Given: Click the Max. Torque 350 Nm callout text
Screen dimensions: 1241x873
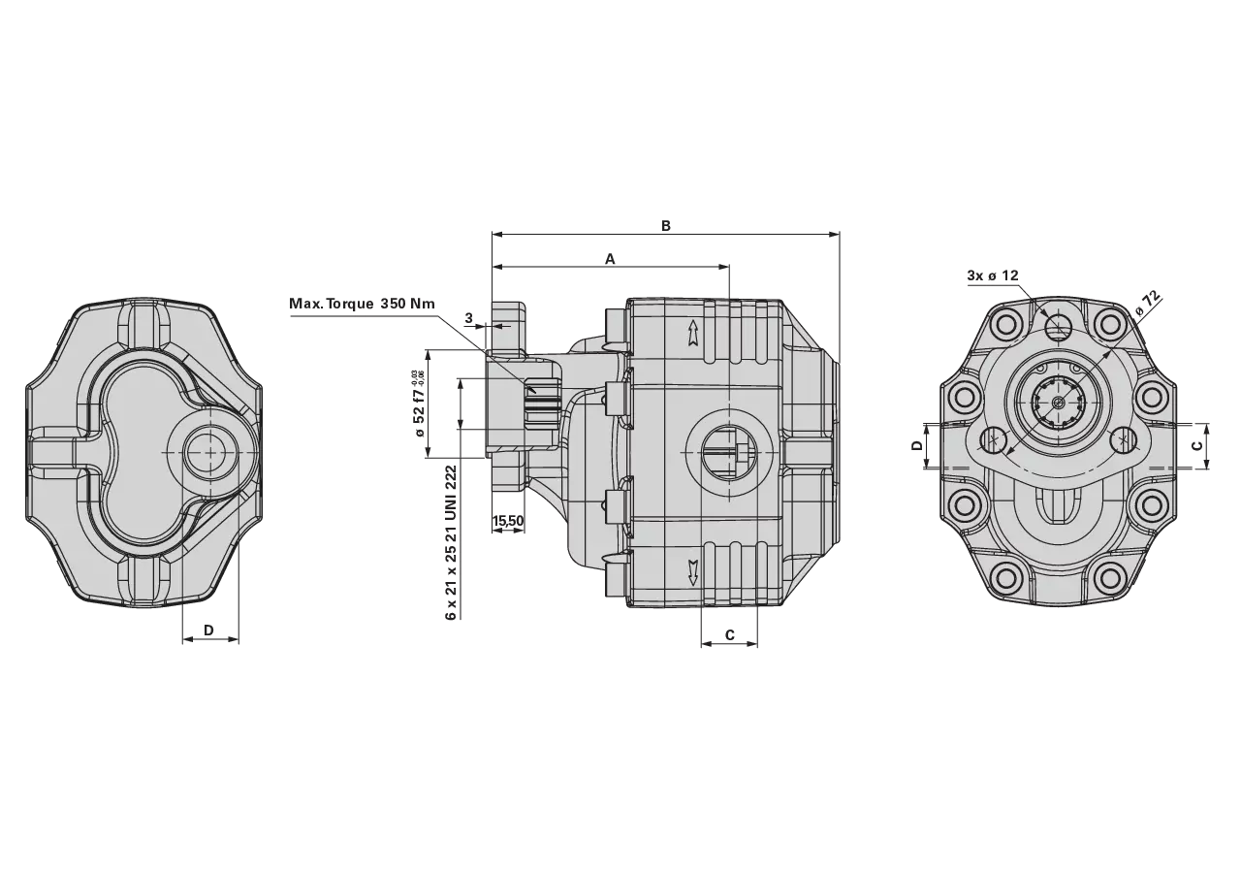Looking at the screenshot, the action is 362,304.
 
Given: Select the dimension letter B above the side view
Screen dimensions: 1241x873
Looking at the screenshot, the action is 666,226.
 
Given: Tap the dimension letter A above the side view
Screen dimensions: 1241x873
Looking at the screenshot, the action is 610,259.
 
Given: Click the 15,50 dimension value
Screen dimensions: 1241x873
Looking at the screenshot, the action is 508,521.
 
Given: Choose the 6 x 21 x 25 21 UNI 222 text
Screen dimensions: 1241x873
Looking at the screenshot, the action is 452,542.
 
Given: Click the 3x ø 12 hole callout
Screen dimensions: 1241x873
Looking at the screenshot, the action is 993,275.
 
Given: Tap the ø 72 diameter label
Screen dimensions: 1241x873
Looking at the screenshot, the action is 1147,304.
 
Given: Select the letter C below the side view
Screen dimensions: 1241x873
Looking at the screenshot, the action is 730,634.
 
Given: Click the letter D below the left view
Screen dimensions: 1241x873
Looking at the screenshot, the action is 208,630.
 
